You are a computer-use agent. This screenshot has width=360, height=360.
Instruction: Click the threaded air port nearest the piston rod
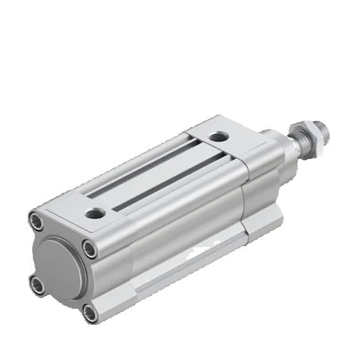[x=219, y=136]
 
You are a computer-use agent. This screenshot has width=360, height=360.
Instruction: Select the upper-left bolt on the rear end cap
[x=36, y=220]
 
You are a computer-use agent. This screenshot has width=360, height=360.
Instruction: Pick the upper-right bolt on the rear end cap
[x=90, y=249]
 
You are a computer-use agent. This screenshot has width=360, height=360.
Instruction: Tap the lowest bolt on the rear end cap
[x=91, y=312]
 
